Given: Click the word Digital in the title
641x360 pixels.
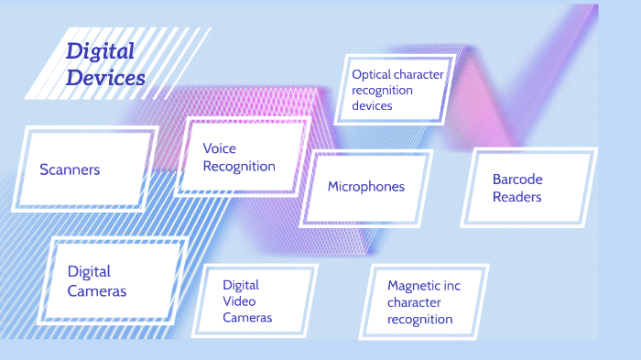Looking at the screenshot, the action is (100, 51).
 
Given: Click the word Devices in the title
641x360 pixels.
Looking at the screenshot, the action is (105, 78).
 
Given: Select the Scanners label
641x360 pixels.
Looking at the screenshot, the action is (70, 169).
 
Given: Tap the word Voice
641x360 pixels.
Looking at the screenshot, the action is (220, 148).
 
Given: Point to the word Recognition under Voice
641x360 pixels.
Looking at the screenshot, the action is (239, 166).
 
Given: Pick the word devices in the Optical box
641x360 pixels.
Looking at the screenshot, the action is (372, 105).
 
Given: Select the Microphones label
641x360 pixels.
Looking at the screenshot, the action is (365, 186).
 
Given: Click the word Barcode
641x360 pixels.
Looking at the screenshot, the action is (517, 180).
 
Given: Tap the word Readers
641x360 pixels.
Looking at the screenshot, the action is (516, 197).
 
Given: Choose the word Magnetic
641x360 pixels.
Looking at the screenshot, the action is (410, 286).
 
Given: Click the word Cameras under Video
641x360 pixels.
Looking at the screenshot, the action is (247, 318).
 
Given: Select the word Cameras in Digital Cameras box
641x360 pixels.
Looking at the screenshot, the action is (97, 291).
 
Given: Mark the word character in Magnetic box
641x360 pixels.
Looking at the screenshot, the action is (413, 302).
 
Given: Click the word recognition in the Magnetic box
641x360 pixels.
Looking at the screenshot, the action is (419, 319).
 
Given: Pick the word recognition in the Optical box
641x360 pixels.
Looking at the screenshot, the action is (382, 90).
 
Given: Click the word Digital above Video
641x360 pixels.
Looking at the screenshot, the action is (241, 285).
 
